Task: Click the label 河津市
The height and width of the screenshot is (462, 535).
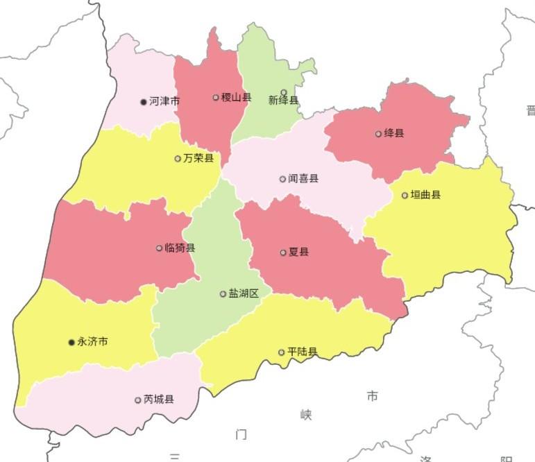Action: click(164, 101)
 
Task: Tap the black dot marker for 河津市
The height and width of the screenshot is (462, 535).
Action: click(144, 101)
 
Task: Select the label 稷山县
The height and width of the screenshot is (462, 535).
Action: click(236, 98)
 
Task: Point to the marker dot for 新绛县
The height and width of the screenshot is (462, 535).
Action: click(283, 92)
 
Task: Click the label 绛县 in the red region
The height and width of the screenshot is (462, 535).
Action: click(393, 133)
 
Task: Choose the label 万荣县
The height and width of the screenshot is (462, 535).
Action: click(198, 158)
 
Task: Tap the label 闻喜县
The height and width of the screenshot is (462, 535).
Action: click(303, 179)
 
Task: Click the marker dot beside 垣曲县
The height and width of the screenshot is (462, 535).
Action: click(405, 195)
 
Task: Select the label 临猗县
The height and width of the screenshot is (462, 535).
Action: click(180, 248)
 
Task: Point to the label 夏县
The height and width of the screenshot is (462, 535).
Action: click(298, 252)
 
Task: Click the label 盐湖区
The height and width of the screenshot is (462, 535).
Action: click(244, 293)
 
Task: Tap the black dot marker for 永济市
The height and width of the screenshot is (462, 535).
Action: click(71, 342)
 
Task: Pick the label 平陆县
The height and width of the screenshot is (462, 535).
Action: click(302, 352)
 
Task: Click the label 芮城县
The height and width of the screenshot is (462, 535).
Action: click(159, 400)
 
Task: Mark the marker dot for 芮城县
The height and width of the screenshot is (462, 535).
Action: click(138, 400)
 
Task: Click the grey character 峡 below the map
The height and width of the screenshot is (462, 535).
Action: click(306, 415)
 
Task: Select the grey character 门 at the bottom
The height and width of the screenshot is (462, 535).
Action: click(241, 435)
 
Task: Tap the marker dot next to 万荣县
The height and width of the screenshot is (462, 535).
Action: click(178, 158)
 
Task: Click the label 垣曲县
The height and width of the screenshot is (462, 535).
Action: click(425, 195)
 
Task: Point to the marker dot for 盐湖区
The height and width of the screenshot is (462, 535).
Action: click(223, 293)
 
